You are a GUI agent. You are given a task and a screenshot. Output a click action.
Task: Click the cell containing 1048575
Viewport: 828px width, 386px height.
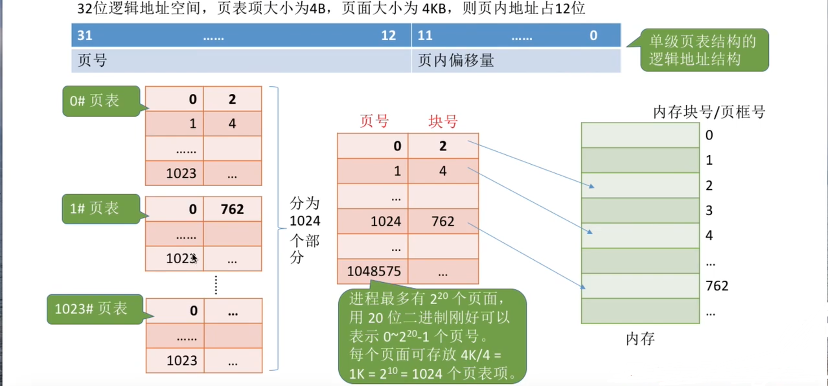[x=374, y=271]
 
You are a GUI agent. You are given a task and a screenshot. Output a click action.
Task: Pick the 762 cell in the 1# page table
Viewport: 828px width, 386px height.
[x=232, y=209]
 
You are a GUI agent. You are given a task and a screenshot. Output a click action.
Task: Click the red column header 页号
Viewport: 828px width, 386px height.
[x=374, y=121]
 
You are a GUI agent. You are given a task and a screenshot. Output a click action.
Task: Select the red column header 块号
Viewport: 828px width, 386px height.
[x=443, y=121]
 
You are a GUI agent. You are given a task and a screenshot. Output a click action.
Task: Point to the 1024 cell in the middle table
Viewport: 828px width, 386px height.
[x=385, y=221]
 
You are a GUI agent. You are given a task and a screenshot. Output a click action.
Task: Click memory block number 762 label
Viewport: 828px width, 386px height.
[x=717, y=286]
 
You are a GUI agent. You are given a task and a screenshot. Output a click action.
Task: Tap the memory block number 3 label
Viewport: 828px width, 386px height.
[x=709, y=211]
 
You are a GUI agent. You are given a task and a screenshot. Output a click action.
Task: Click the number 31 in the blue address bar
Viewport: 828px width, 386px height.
[x=85, y=35]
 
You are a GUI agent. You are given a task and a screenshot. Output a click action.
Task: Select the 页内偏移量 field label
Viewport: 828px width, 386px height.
[x=456, y=61]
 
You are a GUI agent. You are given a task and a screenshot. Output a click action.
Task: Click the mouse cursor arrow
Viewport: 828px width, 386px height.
[x=194, y=258]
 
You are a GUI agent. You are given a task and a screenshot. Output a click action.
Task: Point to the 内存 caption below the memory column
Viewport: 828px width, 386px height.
[x=640, y=338]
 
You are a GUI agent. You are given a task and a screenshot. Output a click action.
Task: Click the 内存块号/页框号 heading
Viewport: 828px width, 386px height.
[x=709, y=112]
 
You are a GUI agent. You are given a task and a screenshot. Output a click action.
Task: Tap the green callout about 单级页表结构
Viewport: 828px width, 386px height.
[x=703, y=50]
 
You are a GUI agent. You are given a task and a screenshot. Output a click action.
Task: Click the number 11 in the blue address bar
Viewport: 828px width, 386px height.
[x=425, y=35]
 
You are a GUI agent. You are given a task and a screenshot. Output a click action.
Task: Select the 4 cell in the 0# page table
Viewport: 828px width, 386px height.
[x=232, y=124]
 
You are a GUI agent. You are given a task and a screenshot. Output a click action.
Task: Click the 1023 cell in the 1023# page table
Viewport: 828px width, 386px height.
[x=182, y=360]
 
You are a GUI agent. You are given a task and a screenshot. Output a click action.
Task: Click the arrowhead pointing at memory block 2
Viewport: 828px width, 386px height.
[x=591, y=186]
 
